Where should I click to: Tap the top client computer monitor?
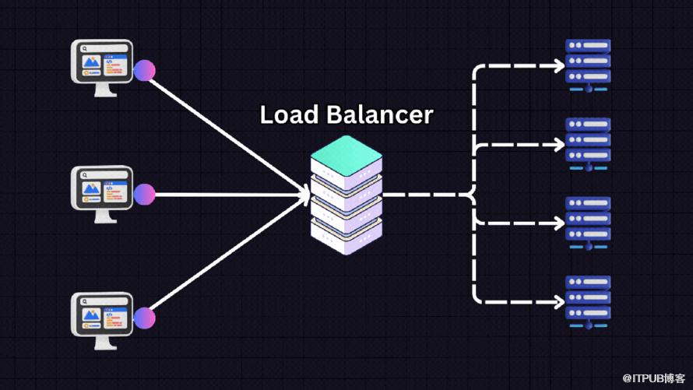[102, 64]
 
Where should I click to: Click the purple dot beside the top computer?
[144, 71]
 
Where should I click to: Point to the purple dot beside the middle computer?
[144, 194]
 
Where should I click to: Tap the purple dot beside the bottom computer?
[144, 318]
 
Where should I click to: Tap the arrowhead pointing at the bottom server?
[558, 300]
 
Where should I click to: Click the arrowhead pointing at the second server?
[558, 145]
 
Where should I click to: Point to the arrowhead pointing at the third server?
[558, 223]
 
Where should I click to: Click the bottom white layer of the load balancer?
[346, 230]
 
